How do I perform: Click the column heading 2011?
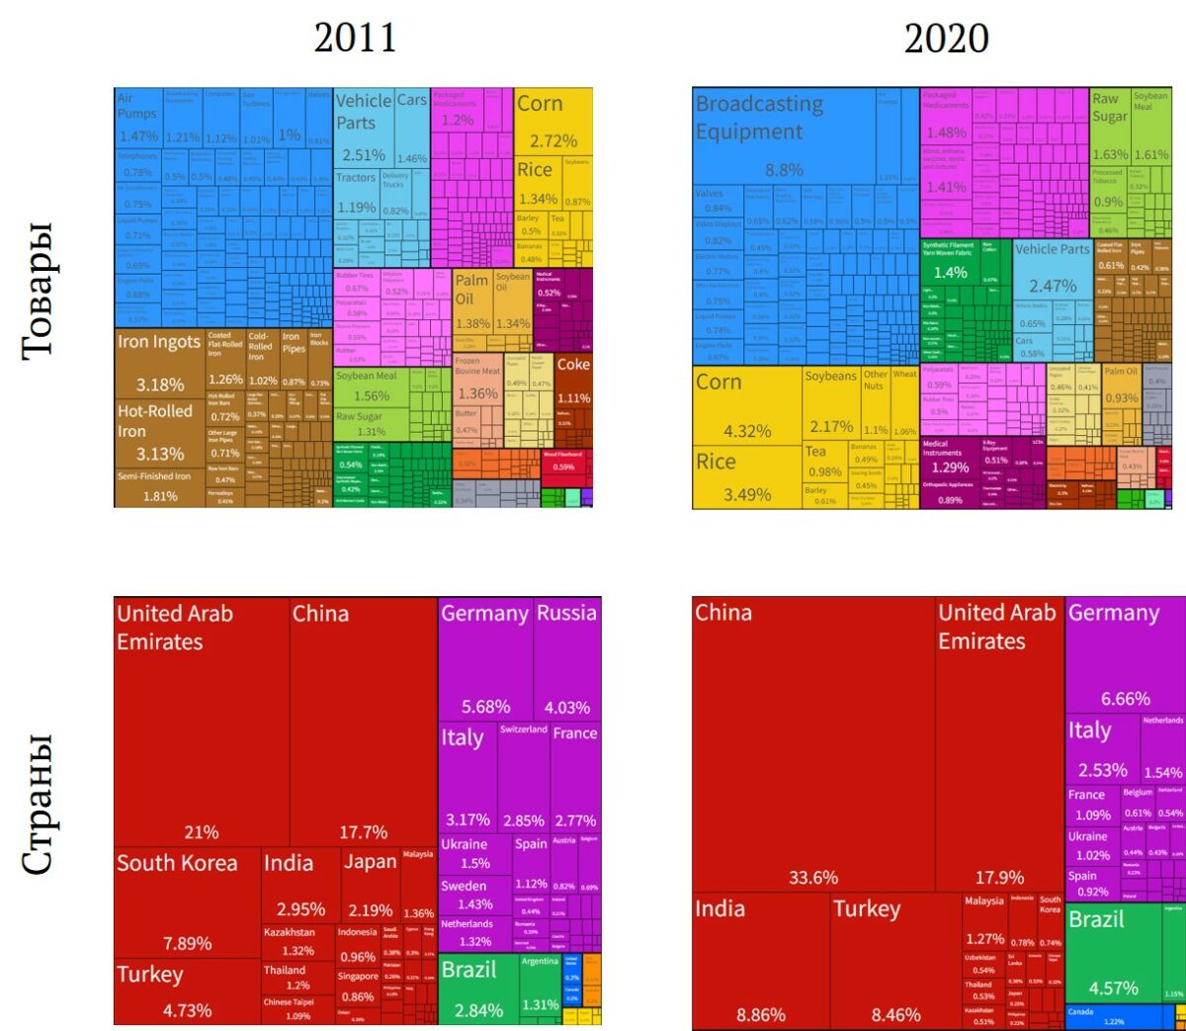tap(355, 39)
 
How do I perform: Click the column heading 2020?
tap(946, 39)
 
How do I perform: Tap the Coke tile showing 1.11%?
tap(573, 382)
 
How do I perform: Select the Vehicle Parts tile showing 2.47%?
tap(1052, 268)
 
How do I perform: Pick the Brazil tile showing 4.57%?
tap(1113, 953)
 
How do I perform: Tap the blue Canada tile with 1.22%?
tap(1113, 1016)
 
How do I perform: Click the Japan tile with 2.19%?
tap(370, 885)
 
